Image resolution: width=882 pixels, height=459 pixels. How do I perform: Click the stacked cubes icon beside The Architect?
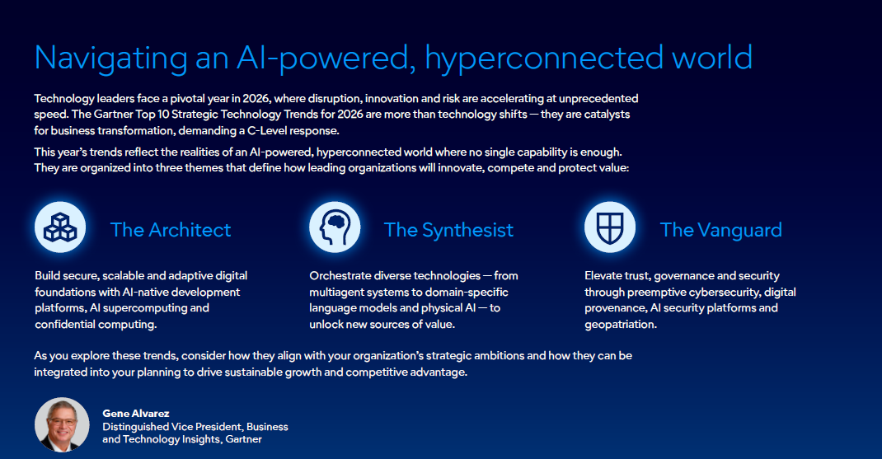point(60,227)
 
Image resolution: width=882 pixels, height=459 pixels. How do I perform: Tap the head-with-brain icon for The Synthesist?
point(335,227)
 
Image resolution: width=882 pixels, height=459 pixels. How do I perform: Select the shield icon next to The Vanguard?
point(610,227)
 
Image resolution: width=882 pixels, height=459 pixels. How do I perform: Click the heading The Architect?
point(171,229)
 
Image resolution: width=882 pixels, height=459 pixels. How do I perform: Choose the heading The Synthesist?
point(448,229)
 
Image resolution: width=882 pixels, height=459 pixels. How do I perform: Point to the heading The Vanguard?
point(720,229)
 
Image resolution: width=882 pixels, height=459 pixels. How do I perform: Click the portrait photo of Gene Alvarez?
point(62,424)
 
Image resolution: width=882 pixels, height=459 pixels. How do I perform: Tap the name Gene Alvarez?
point(135,414)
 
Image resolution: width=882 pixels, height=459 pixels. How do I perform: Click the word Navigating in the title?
point(110,58)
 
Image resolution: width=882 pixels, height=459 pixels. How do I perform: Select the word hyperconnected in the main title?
point(544,58)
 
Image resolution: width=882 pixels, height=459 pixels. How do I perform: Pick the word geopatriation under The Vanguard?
point(620,324)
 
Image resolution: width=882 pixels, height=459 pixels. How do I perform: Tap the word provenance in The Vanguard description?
point(613,308)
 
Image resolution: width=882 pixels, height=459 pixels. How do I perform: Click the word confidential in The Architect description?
point(65,324)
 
